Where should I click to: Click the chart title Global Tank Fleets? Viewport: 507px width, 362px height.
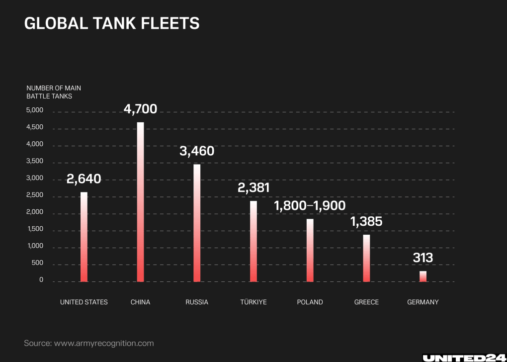click(112, 23)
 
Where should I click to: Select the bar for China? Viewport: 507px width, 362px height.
click(140, 202)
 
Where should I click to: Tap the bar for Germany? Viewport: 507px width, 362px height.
click(423, 276)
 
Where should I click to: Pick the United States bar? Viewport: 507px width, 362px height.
click(84, 237)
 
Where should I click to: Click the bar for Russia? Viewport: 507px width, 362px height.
click(197, 223)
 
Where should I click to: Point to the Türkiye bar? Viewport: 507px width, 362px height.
click(253, 241)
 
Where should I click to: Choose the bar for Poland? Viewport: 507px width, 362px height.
click(310, 250)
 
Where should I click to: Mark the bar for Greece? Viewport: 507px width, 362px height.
click(366, 258)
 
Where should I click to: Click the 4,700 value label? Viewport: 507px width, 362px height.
click(140, 109)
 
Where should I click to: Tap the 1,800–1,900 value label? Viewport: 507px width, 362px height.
click(310, 206)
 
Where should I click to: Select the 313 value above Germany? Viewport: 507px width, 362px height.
click(423, 258)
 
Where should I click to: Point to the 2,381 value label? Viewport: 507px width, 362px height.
click(253, 187)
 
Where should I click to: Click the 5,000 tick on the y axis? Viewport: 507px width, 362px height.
click(35, 110)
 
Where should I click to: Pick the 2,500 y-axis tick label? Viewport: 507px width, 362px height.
click(35, 195)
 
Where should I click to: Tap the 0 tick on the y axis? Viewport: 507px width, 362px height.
click(41, 280)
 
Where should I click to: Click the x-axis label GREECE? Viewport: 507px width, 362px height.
click(366, 302)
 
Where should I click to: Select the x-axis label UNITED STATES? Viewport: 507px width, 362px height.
click(84, 302)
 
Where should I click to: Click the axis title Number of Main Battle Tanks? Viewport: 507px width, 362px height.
click(54, 92)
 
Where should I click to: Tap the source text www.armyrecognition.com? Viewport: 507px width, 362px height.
click(104, 343)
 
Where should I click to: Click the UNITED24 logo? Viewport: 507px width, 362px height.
click(464, 358)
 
